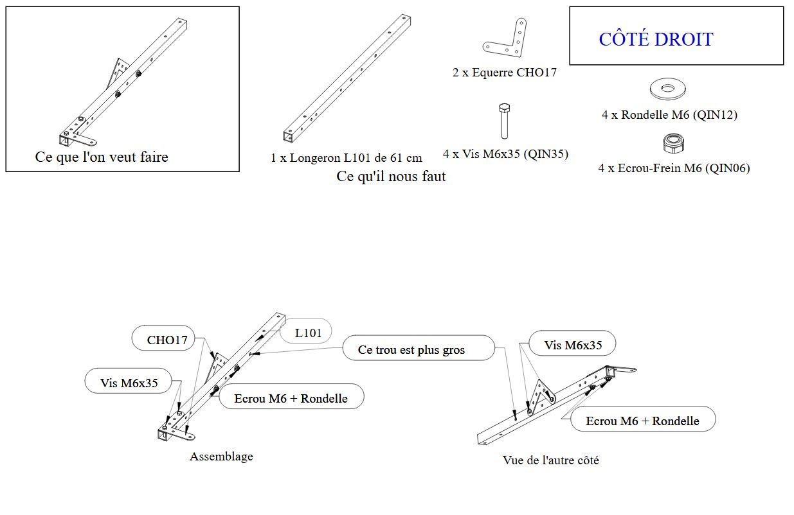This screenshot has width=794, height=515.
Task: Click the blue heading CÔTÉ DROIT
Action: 656,39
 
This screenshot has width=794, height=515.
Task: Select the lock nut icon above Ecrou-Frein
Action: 672,144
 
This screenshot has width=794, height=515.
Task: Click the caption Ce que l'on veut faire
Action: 102,157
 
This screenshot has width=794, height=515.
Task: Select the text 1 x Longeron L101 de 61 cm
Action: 347,157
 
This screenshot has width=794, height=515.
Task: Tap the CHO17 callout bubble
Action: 167,340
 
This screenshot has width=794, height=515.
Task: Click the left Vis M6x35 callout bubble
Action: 129,383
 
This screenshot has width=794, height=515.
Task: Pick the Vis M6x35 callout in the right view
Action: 573,345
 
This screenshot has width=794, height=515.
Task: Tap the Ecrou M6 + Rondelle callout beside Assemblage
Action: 291,398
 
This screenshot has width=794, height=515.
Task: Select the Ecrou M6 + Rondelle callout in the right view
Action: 642,421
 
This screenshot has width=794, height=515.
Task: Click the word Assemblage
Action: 221,457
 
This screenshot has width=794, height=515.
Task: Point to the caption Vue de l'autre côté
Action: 550,460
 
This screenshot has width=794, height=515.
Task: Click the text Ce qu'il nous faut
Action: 391,176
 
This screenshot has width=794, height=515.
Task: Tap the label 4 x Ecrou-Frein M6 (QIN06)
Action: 674,168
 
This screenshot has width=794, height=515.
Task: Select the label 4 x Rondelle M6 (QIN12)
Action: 669,115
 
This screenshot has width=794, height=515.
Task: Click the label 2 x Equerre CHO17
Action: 504,73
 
